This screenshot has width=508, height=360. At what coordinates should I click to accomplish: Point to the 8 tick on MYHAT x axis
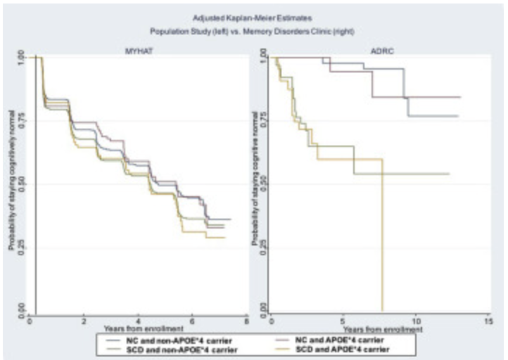[246, 320]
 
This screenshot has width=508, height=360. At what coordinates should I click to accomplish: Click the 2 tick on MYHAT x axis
[84, 320]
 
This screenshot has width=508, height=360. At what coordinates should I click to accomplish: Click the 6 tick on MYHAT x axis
[192, 320]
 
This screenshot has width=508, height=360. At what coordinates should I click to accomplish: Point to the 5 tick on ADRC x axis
[343, 320]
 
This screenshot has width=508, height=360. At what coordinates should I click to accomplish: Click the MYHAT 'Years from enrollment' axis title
[144, 328]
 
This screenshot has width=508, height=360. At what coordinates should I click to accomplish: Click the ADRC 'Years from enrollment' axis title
[383, 328]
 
